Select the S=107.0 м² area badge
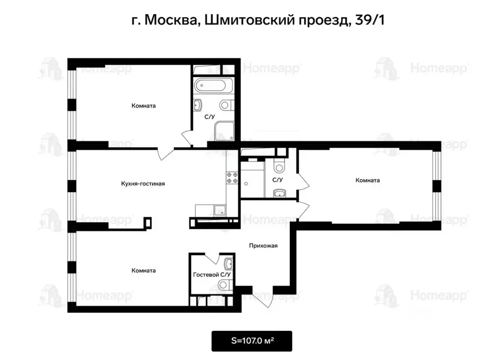click(252, 341)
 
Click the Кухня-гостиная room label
click(143, 184)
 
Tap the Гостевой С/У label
click(212, 274)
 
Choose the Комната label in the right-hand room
click(368, 180)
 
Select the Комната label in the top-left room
click(144, 105)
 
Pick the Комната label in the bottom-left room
click(144, 270)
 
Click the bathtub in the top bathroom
click(210, 86)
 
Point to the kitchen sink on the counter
click(217, 211)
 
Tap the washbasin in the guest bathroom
click(228, 263)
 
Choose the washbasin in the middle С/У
click(280, 193)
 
